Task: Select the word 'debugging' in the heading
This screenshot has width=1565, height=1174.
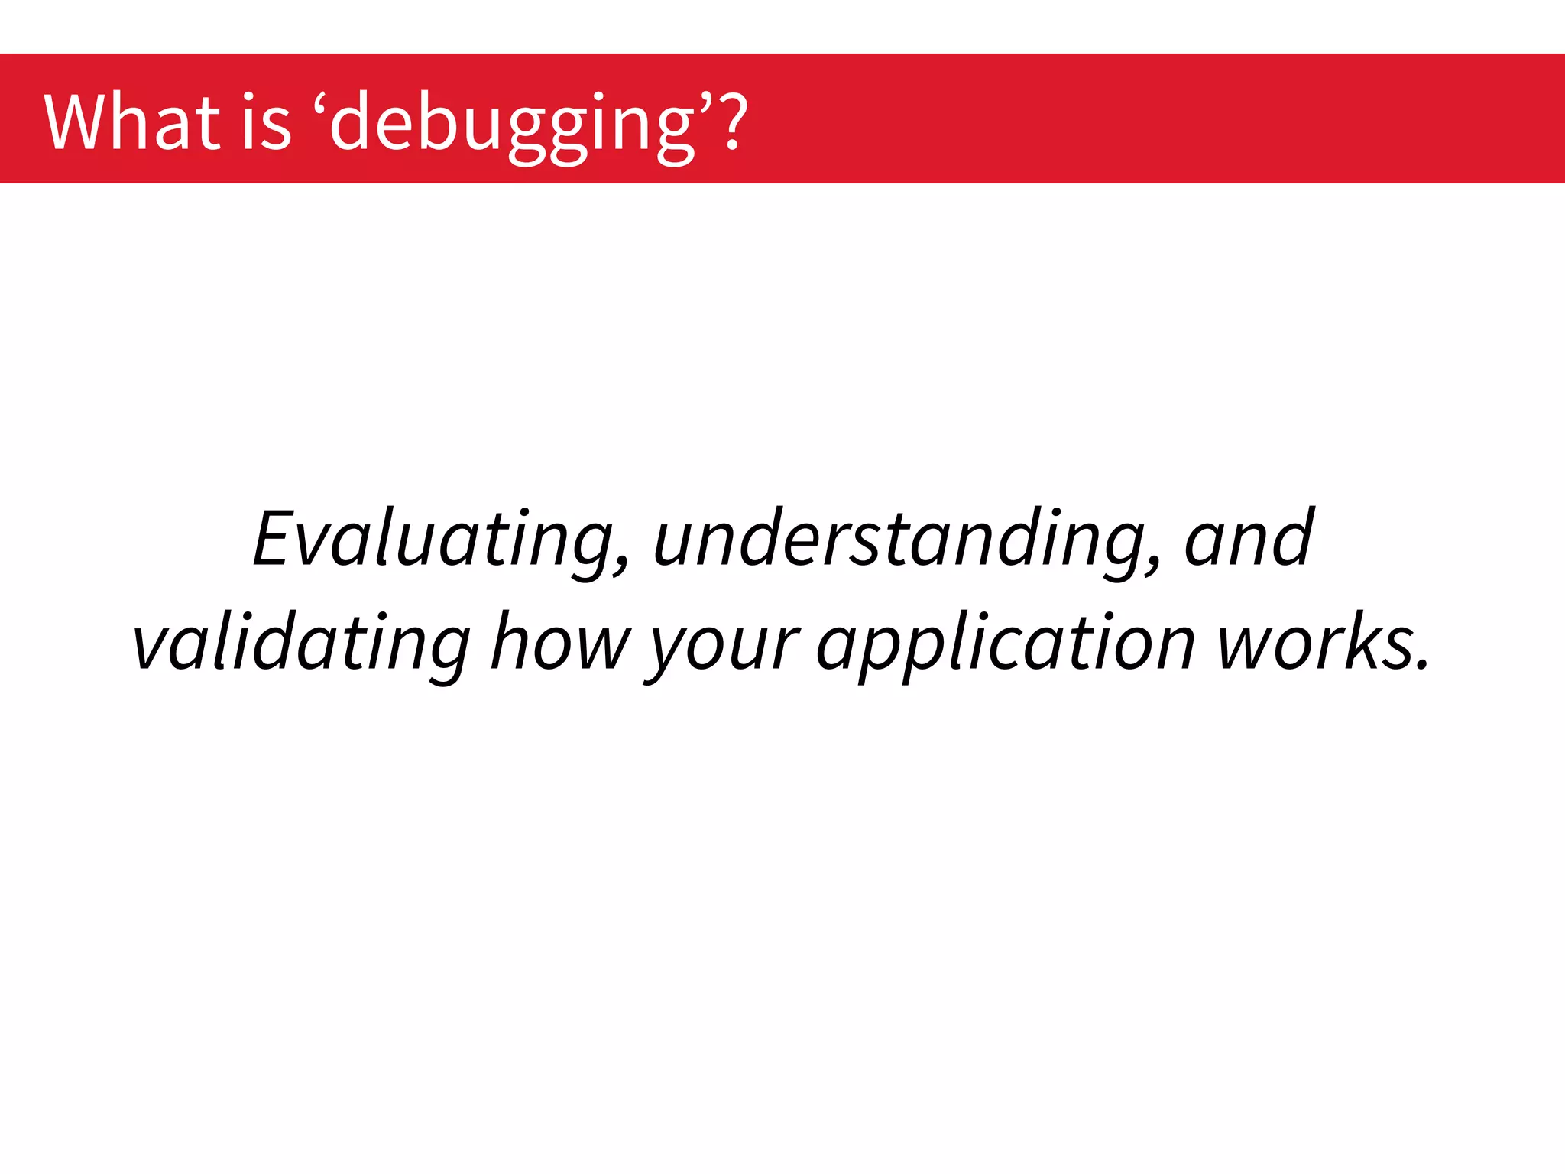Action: pyautogui.click(x=512, y=125)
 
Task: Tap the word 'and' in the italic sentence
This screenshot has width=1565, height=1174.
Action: pyautogui.click(x=1249, y=540)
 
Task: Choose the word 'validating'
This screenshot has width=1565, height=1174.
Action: pyautogui.click(x=301, y=644)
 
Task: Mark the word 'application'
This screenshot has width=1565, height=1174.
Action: pyautogui.click(x=1006, y=647)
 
